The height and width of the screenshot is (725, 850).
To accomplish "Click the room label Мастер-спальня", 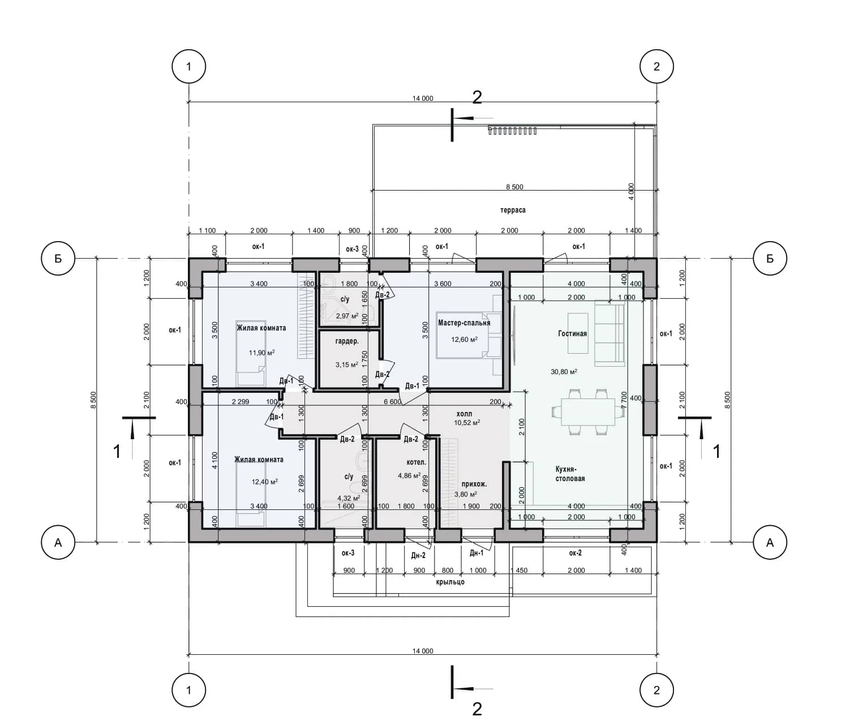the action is tap(464, 323).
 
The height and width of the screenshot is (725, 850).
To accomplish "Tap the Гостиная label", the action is tap(572, 333).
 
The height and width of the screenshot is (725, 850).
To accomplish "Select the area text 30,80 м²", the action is tap(564, 372).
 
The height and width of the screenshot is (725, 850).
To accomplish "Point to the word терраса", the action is tap(513, 210).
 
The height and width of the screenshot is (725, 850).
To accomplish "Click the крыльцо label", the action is tap(450, 582).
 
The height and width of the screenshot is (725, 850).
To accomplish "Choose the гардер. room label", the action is tap(347, 341).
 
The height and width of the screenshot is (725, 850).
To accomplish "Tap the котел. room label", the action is tap(416, 462).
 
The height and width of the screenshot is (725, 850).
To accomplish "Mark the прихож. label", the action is tap(474, 484).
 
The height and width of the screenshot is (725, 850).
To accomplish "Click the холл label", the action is tap(464, 414).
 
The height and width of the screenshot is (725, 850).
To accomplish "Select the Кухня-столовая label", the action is tap(570, 474).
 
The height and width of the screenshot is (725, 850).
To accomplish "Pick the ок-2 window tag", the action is tap(576, 553).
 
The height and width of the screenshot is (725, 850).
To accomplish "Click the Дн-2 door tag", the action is tap(418, 556).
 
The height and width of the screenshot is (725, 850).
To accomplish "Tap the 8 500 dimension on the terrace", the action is tap(514, 187).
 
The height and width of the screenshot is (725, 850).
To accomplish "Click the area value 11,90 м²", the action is tap(261, 353).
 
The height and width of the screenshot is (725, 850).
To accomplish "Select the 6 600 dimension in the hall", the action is tap(392, 402).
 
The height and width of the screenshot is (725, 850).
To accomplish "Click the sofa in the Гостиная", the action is tap(609, 333).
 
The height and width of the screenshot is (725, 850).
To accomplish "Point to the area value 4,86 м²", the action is tap(409, 476).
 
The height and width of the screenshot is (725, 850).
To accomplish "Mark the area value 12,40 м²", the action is tap(264, 482).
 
